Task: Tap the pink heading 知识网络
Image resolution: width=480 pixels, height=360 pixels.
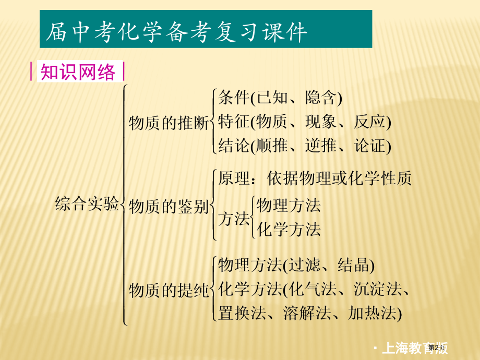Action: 78,72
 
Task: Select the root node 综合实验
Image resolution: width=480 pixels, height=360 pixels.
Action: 87,203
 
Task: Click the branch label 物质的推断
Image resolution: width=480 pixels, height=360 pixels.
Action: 169,123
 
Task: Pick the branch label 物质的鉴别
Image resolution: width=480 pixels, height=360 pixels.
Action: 169,206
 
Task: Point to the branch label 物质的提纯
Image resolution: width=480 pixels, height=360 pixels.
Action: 169,290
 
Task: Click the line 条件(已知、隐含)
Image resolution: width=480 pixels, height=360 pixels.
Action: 280,98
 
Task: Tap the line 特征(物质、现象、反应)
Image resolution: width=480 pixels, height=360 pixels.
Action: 305,122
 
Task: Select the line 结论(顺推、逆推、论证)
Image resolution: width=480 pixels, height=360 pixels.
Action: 305,146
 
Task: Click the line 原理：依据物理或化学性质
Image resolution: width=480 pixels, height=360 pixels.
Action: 315,178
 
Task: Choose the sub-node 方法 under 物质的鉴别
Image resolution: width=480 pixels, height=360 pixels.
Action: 234,218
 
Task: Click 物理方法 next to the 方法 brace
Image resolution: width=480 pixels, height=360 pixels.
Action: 289,205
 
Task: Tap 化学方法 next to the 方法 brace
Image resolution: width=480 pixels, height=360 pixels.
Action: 289,230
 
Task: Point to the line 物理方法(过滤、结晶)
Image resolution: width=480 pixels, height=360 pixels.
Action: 296,265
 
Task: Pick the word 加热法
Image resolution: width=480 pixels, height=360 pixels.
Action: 373,313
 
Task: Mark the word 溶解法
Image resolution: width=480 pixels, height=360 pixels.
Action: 307,313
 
